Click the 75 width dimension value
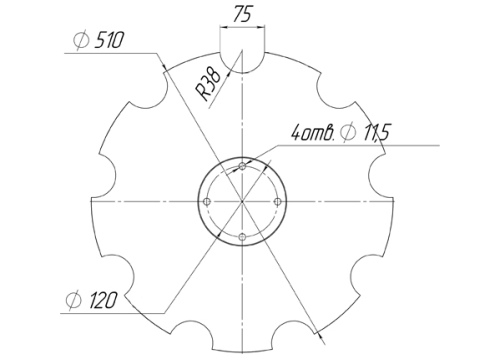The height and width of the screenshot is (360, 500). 242,14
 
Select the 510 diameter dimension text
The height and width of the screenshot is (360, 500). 109,40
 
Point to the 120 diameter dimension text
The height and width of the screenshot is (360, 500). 103,300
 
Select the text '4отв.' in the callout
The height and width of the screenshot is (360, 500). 313,132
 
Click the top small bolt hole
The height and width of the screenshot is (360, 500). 243,166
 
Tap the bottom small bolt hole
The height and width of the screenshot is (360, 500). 243,237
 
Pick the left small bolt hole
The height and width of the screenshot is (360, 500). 207,201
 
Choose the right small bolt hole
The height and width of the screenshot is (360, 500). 278,201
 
